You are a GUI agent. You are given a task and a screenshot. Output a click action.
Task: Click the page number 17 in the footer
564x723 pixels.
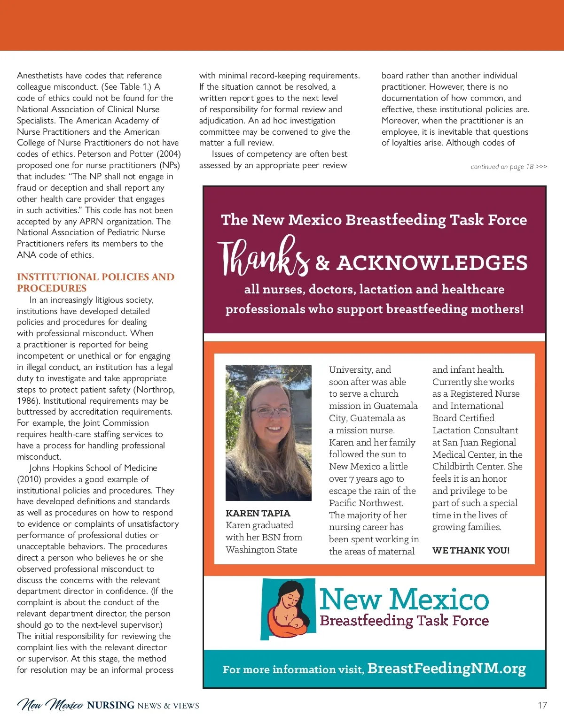pyautogui.click(x=542, y=705)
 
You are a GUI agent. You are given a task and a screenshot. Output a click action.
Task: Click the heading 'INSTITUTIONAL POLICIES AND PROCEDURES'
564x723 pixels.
pyautogui.click(x=95, y=283)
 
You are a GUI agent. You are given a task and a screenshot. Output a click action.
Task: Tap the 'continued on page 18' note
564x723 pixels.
pyautogui.click(x=509, y=167)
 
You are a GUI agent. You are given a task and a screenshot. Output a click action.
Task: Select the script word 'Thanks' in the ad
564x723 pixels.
pyautogui.click(x=263, y=258)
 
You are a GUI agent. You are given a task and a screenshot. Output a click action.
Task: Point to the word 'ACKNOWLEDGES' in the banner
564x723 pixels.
pyautogui.click(x=432, y=263)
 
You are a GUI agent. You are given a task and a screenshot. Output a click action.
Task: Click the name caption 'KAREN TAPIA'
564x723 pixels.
pyautogui.click(x=258, y=513)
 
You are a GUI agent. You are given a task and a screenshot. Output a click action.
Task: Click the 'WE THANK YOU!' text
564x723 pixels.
pyautogui.click(x=470, y=550)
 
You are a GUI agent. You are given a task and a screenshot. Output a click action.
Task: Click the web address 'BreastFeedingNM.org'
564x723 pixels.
pyautogui.click(x=446, y=668)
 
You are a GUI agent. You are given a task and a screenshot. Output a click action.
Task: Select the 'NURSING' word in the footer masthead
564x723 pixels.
pyautogui.click(x=111, y=705)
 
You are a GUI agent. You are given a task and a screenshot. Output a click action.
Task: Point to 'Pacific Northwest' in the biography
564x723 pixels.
pyautogui.click(x=366, y=503)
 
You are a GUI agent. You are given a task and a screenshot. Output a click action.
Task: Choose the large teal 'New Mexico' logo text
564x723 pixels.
pyautogui.click(x=404, y=599)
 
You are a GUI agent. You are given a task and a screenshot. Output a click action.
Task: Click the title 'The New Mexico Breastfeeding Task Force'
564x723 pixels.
pyautogui.click(x=374, y=220)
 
